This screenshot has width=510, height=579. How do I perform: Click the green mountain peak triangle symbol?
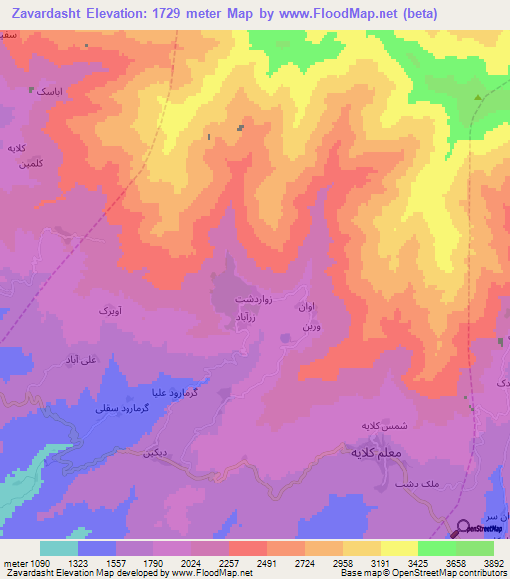478,97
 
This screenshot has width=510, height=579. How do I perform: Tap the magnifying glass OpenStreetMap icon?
463,528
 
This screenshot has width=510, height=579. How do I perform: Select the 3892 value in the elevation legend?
493,562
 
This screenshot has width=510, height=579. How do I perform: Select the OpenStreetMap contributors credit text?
460,574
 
